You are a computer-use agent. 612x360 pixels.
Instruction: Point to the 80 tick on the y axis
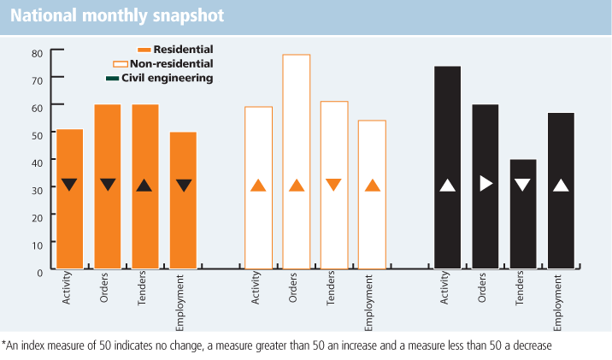click(37, 53)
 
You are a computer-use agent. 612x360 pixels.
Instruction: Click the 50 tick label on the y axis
click(37, 135)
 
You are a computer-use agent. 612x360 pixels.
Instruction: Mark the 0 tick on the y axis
click(39, 271)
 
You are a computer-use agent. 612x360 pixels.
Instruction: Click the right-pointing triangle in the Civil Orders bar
click(485, 182)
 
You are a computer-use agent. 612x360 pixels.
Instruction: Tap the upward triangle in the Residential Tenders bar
click(144, 185)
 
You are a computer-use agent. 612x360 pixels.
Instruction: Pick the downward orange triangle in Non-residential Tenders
click(334, 184)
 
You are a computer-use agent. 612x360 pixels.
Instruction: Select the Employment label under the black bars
click(557, 303)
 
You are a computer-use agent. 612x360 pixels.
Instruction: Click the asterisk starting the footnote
click(4, 344)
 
